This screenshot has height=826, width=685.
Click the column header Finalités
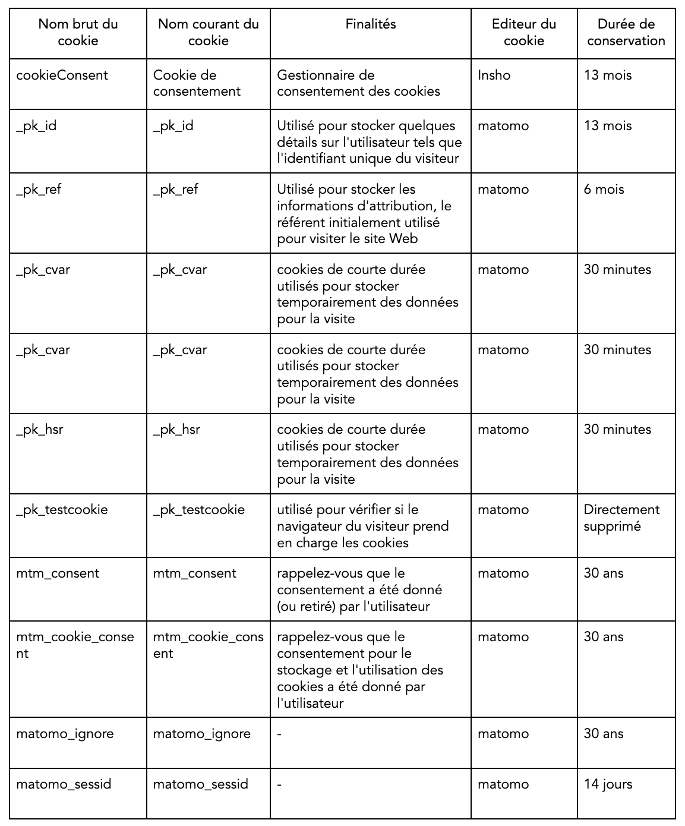tap(371, 24)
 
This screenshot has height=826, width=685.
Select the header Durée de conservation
tap(626, 33)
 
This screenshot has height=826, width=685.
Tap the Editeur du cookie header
tap(523, 33)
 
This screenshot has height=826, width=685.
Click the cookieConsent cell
tap(62, 75)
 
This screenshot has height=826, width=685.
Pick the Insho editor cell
tap(494, 75)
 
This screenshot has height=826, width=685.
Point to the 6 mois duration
tap(604, 190)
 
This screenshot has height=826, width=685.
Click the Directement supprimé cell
tap(621, 518)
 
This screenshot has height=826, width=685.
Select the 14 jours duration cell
tap(608, 784)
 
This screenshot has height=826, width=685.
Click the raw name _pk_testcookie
tap(62, 510)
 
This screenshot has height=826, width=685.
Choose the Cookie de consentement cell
tap(197, 83)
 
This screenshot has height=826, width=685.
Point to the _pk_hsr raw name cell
tap(40, 430)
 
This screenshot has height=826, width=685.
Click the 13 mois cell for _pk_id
tap(607, 126)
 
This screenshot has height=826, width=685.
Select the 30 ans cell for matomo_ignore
tap(604, 734)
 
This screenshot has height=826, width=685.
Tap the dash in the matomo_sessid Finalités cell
tap(279, 784)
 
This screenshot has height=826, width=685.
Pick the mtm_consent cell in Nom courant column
tap(195, 573)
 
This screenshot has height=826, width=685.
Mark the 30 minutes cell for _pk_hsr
tap(617, 430)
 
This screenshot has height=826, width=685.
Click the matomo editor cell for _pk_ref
tap(503, 190)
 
